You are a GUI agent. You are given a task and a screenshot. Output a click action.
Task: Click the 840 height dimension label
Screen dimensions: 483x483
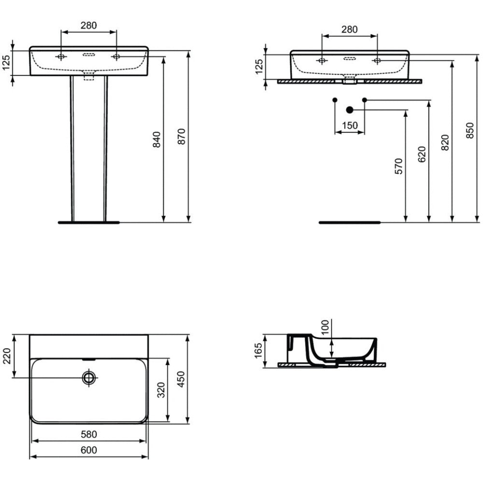157,140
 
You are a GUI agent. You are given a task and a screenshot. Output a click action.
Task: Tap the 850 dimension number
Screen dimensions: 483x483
470,130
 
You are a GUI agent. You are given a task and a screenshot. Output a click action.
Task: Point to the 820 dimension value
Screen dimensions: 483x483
445,142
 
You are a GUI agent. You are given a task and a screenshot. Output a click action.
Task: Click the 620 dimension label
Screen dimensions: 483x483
422,154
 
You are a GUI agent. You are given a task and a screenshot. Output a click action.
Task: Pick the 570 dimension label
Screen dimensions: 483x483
398,166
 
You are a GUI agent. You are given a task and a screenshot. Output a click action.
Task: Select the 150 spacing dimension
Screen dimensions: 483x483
350,126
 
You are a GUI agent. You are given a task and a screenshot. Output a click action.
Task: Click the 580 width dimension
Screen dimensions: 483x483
89,434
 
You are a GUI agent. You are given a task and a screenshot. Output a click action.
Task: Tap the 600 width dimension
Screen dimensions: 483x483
89,450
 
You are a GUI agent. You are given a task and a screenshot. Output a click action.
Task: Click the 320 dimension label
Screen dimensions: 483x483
161,390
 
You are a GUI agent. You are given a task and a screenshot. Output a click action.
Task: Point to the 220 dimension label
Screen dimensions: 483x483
7,356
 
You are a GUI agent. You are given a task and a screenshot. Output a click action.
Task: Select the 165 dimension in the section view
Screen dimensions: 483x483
258,351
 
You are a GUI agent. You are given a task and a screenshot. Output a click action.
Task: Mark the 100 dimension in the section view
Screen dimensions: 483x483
325,327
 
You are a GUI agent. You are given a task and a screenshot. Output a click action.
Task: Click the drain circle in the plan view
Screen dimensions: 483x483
89,377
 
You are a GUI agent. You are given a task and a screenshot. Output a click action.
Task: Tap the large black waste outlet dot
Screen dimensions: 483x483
349,110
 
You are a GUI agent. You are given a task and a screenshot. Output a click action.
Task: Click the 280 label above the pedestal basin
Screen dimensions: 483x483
89,25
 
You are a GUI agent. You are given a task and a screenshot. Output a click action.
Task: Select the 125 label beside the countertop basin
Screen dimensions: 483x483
259,67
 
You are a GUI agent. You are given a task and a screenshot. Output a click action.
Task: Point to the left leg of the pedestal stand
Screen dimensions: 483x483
72,148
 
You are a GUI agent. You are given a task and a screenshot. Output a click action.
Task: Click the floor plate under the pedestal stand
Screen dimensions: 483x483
89,222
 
